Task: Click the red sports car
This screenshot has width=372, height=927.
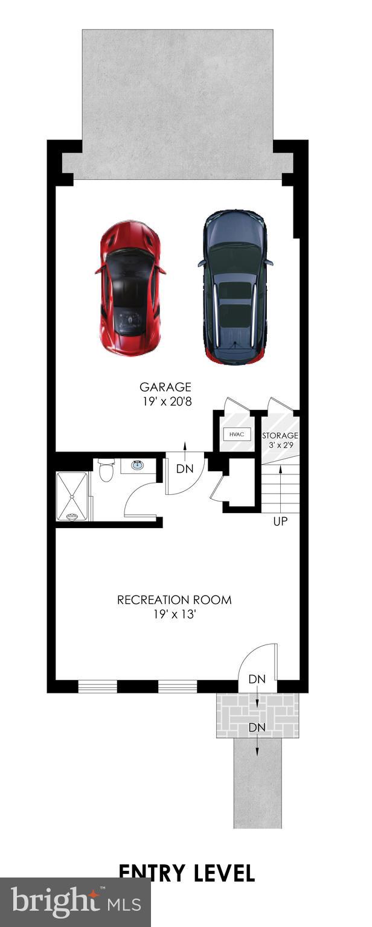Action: pos(130,288)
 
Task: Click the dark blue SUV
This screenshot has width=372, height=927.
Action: pos(234,287)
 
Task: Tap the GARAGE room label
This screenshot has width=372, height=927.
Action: pos(165,387)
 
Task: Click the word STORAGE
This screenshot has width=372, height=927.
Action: pos(280,435)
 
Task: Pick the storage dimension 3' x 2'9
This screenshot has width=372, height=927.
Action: pos(280,446)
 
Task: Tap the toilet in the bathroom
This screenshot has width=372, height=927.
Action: pos(106,470)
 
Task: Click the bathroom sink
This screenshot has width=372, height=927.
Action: pos(137,465)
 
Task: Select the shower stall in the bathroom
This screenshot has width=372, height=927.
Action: pos(72,496)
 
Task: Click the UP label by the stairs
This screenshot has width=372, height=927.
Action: pos(280,521)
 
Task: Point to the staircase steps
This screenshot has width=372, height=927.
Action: pos(281,489)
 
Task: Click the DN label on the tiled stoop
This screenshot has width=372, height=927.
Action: pos(257,727)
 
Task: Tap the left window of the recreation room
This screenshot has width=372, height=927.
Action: pos(97,686)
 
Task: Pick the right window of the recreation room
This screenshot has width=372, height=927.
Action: pos(178,686)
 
